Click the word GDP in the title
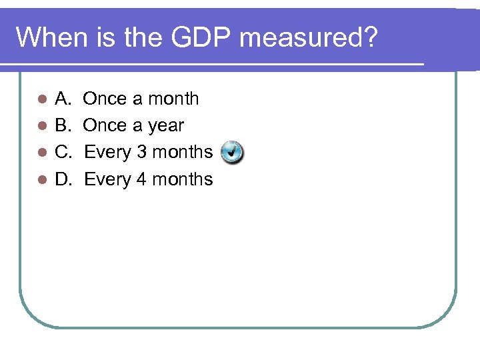202,38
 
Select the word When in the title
50,38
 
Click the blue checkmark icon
231,152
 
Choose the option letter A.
63,99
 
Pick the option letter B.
63,125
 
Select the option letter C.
63,152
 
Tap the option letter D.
63,179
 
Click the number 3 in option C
141,152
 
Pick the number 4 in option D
141,179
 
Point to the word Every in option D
108,179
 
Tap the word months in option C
182,152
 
